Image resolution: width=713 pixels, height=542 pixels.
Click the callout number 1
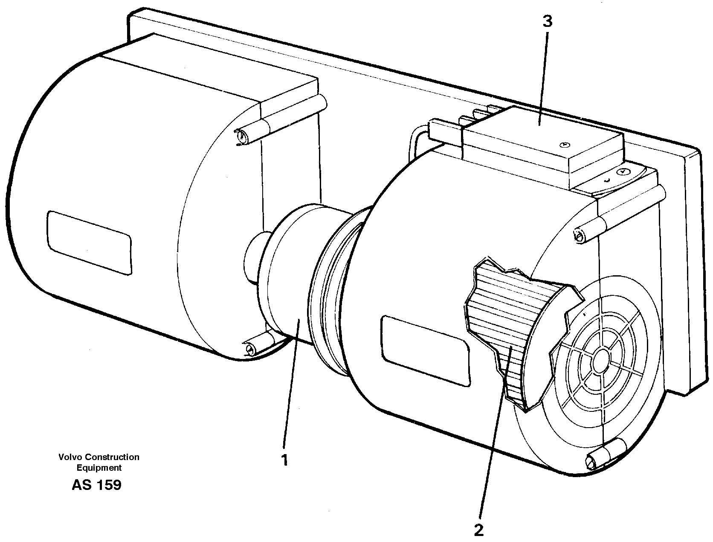[x=284, y=460]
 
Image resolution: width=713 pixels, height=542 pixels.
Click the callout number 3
[x=547, y=21]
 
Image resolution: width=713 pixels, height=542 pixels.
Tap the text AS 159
[x=96, y=485]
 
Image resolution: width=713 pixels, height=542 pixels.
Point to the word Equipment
[x=99, y=468]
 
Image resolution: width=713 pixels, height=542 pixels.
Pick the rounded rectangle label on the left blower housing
[x=89, y=242]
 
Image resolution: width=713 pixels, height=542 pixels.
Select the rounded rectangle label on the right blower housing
[x=424, y=350]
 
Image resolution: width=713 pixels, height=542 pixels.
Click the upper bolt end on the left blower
[x=242, y=137]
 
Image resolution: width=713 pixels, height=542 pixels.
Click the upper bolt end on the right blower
[x=578, y=236]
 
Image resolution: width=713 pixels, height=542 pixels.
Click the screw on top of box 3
[x=564, y=144]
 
